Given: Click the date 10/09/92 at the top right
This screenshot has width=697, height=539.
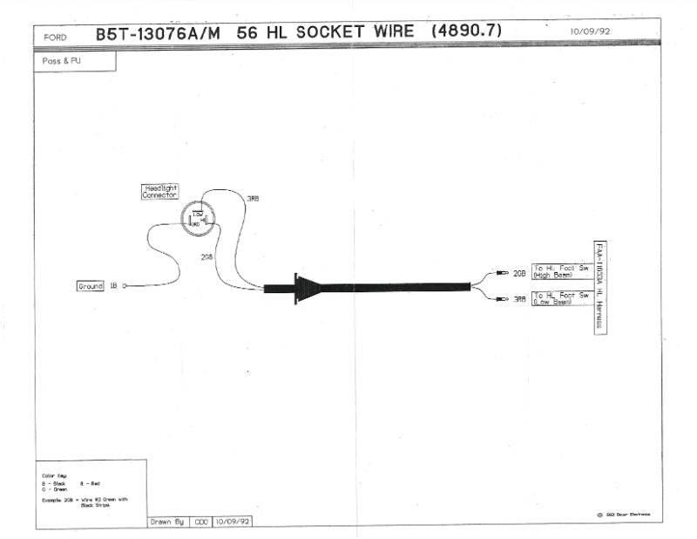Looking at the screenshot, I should point(591,31).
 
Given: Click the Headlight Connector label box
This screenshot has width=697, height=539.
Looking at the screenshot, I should point(159,192).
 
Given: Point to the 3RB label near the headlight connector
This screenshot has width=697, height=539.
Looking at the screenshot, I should point(253,199).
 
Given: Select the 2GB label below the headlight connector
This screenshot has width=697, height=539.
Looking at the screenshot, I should point(206,257).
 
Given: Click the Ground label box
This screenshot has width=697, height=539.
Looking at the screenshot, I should point(91,285).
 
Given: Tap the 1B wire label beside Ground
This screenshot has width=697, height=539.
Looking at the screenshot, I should point(112,286).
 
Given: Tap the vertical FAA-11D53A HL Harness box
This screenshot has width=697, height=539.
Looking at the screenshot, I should point(600,286).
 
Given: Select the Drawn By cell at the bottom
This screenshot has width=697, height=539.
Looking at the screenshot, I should point(168,522).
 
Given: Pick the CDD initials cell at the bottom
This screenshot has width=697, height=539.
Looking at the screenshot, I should point(200,522).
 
